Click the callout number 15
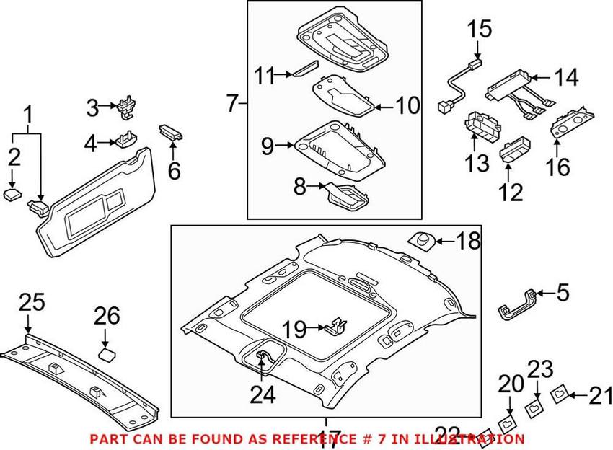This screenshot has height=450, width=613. [x=480, y=30]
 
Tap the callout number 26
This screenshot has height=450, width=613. [x=107, y=316]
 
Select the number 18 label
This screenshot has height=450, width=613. [x=468, y=241]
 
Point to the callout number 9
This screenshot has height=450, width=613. [x=268, y=146]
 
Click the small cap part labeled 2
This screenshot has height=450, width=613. [x=12, y=194]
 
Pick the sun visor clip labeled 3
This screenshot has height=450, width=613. [x=126, y=107]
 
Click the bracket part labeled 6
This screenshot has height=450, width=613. [x=171, y=132]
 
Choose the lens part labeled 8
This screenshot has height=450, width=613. [x=347, y=194]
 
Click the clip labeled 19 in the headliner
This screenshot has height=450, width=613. [x=335, y=326]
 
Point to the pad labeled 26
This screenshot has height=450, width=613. [x=107, y=355]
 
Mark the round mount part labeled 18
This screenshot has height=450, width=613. [x=421, y=240]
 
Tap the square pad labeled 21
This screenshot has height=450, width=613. [x=560, y=395]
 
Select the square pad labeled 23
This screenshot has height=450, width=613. [x=534, y=408]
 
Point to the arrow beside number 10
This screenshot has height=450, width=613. [x=385, y=107]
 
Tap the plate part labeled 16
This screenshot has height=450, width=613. [x=572, y=122]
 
